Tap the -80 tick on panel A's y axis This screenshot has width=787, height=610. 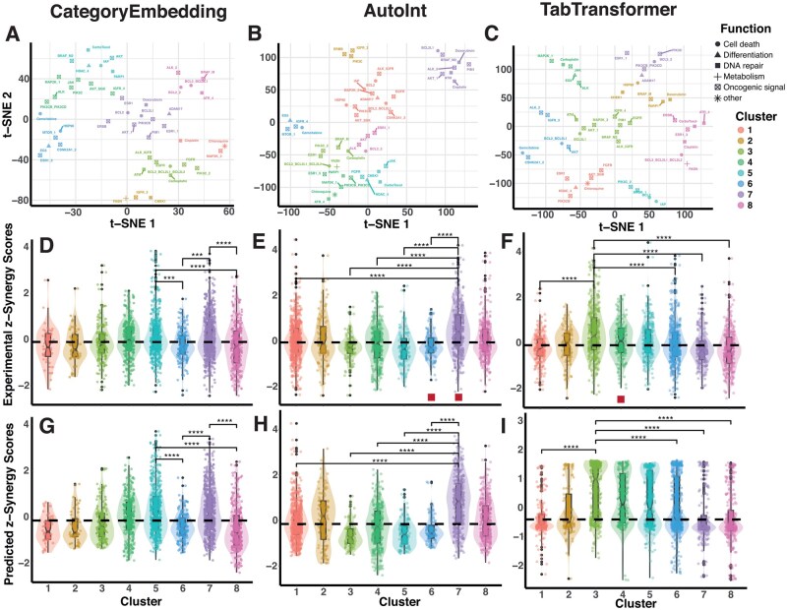pos(21,204)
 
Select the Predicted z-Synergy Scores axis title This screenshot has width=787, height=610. pos(10,503)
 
